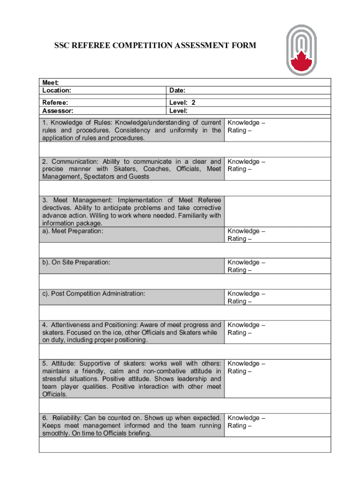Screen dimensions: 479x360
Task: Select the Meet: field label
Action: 50,82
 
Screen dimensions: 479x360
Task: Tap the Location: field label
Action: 57,90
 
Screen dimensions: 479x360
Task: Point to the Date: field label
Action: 177,90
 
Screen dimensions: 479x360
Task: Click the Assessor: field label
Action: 58,111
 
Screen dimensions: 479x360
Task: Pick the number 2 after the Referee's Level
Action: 193,102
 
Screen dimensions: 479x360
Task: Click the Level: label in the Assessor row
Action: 179,111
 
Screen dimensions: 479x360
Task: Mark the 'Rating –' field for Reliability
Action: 239,426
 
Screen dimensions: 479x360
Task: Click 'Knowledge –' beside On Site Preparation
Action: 246,262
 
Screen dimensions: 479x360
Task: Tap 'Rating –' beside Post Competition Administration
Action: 239,301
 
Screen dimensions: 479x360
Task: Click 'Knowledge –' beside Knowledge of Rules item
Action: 246,123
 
